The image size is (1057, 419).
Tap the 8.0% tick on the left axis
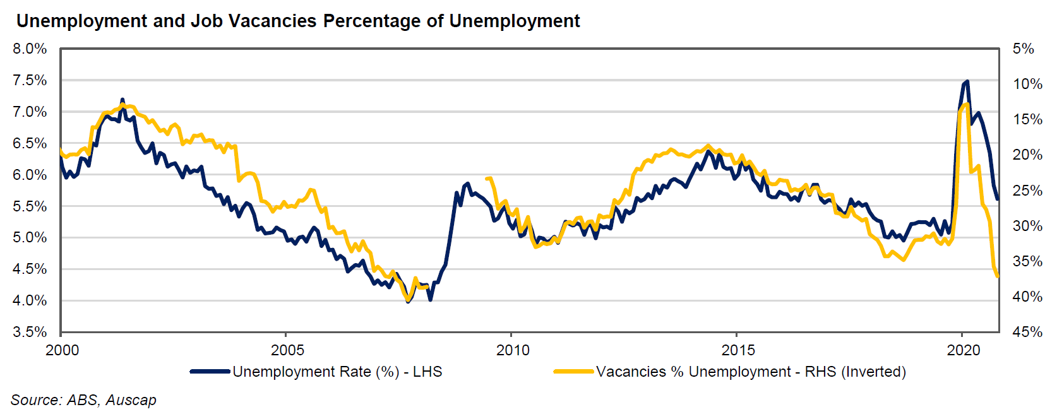[x=30, y=49]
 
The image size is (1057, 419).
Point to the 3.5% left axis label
[x=30, y=332]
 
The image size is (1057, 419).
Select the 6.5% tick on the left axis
[x=30, y=143]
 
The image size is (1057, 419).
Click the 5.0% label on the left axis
[x=30, y=237]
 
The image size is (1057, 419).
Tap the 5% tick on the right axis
[x=1023, y=49]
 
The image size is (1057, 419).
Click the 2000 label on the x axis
[x=62, y=350]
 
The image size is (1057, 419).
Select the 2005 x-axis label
[x=287, y=350]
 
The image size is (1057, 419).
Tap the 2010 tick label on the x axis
[x=513, y=350]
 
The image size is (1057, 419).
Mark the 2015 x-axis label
[x=738, y=350]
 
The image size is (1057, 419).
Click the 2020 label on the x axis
[x=964, y=350]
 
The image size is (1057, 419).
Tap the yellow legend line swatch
[x=573, y=372]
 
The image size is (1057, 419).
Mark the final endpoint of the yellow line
[x=998, y=276]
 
